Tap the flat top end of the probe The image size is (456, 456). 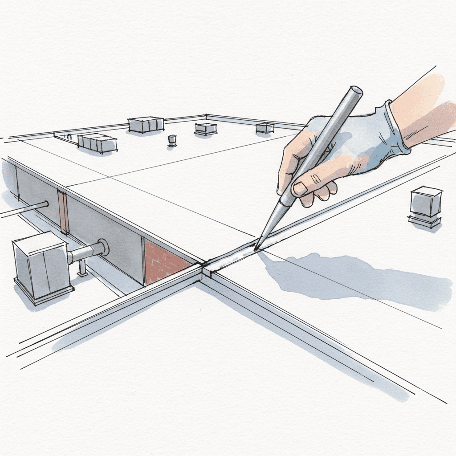(x=355, y=91)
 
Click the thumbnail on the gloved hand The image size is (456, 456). (x=300, y=188)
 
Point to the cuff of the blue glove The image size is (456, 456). (x=396, y=129)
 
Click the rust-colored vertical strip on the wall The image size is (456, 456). (x=64, y=211)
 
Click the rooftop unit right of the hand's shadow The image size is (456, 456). (x=426, y=206)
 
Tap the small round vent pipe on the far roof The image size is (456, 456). (x=172, y=140)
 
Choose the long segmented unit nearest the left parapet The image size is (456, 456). (x=97, y=142)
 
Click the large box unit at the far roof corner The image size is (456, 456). (x=146, y=124)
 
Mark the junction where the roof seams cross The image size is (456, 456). (x=205, y=267)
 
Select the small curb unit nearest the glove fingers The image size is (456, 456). (x=265, y=128)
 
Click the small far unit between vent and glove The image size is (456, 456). (x=205, y=128)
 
